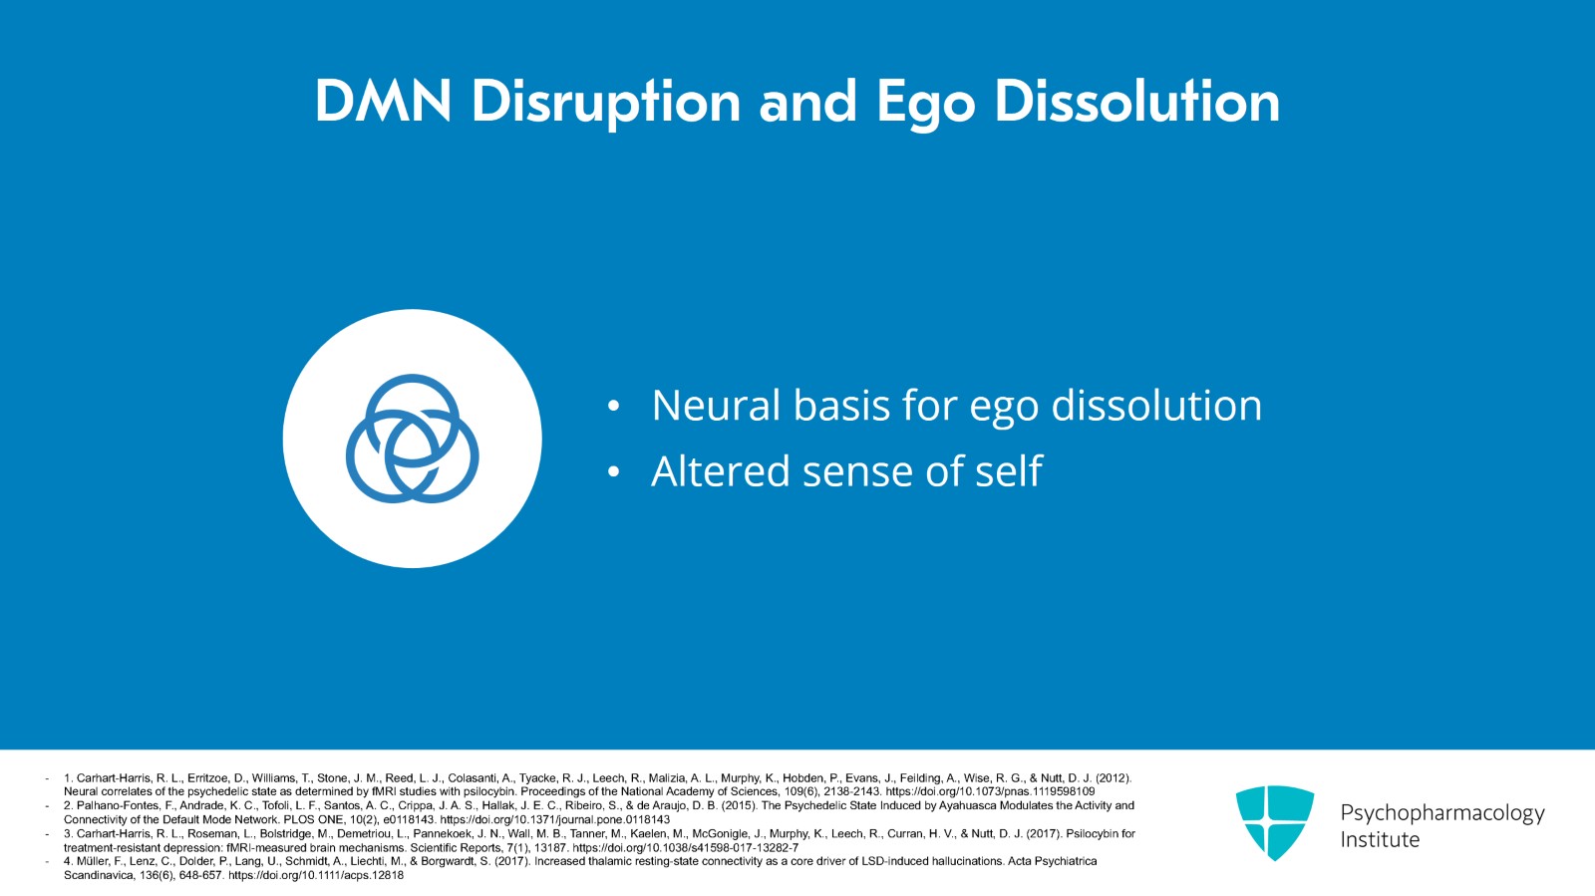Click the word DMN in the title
pos(383,101)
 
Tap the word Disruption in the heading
pos(606,104)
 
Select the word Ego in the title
pos(925,105)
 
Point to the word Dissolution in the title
pos(1137,101)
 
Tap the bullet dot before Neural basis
pos(614,407)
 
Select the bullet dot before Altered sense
pos(614,471)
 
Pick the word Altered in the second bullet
pos(721,471)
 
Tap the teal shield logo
pos(1275,822)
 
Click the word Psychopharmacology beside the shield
pos(1442,813)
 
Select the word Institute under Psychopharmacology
pos(1380,840)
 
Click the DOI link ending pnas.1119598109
pos(991,791)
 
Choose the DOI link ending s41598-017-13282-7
pos(686,847)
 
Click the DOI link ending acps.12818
pos(316,875)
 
